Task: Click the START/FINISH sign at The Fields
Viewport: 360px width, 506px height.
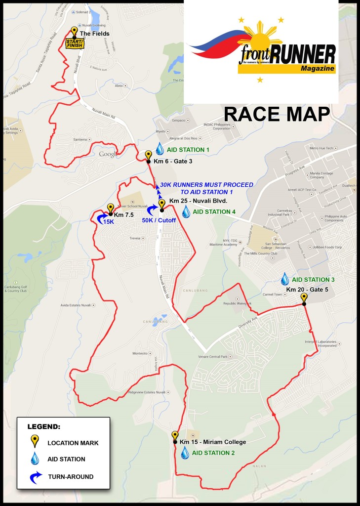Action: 75,44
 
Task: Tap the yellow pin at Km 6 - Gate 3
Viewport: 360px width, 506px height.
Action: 148,156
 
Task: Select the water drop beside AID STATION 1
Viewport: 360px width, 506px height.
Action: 160,149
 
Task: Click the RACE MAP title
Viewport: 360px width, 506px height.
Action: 277,114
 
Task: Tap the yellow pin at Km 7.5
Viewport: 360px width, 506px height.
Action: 110,209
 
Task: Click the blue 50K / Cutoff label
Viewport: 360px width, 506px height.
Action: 159,220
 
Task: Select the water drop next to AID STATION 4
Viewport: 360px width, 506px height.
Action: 186,212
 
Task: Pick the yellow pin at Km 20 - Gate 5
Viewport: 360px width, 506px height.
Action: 304,298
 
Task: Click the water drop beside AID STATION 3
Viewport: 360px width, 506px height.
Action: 285,279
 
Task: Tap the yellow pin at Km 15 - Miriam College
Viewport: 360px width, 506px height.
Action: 174,436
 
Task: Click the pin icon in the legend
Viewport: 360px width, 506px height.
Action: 35,441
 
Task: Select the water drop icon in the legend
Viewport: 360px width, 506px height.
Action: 35,459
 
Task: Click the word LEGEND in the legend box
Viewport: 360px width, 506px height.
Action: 44,426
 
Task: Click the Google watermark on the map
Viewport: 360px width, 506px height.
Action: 108,154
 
